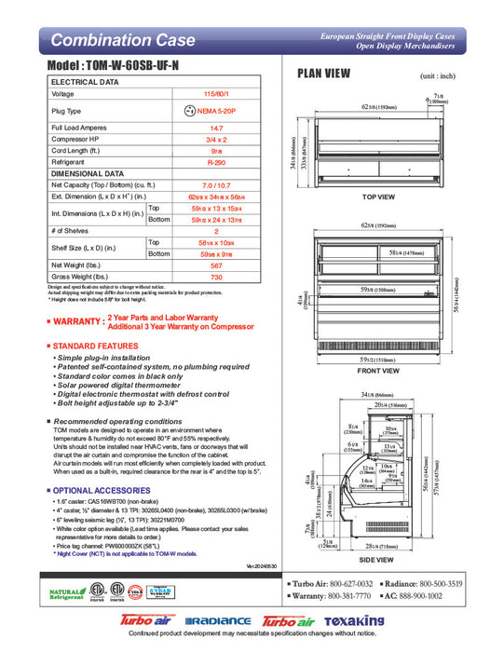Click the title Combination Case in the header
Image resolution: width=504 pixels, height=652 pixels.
pyautogui.click(x=123, y=40)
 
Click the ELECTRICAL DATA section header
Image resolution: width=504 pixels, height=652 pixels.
pyautogui.click(x=83, y=82)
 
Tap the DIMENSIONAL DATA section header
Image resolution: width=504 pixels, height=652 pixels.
pyautogui.click(x=87, y=173)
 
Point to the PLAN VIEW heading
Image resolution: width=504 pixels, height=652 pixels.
pyautogui.click(x=324, y=75)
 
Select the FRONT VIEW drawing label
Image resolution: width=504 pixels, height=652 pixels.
pyautogui.click(x=378, y=370)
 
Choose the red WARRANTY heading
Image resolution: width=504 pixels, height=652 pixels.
pyautogui.click(x=76, y=321)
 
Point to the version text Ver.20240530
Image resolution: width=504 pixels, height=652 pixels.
pyautogui.click(x=263, y=565)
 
